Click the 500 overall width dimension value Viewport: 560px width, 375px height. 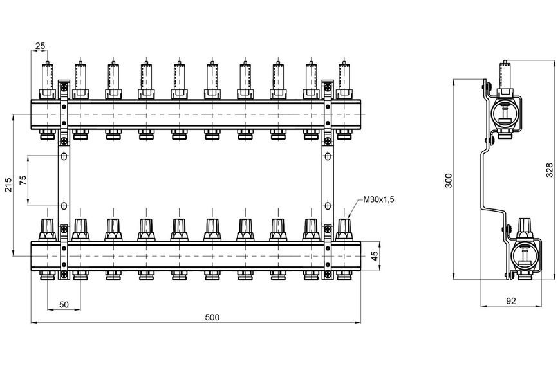[212, 317]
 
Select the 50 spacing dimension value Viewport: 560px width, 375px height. [64, 304]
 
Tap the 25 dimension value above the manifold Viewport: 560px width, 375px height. [40, 46]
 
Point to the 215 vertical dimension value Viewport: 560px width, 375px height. [8, 185]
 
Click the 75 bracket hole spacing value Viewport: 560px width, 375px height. [23, 179]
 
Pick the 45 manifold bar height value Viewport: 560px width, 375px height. [374, 256]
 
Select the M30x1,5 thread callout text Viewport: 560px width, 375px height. [378, 199]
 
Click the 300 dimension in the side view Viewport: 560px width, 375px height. [449, 180]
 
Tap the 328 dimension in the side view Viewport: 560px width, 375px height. [550, 169]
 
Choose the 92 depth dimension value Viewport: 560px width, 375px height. [511, 301]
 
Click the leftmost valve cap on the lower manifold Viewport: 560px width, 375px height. [47, 230]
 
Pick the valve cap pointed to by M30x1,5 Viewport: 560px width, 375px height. [344, 230]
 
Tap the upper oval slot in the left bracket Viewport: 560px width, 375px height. [64, 156]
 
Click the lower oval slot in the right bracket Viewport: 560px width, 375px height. [328, 206]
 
